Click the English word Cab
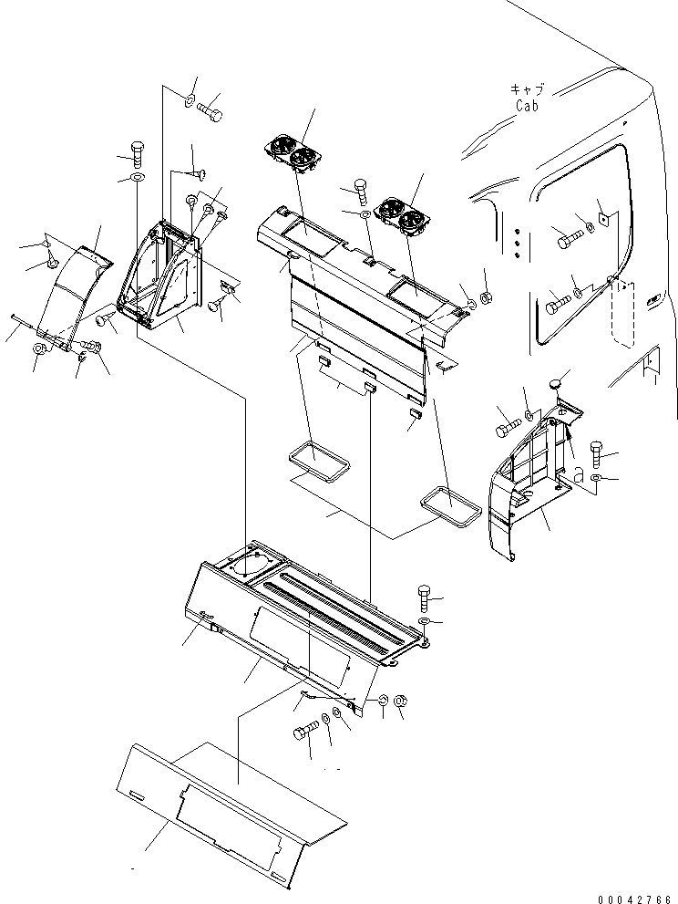(x=526, y=106)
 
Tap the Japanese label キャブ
(x=526, y=89)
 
